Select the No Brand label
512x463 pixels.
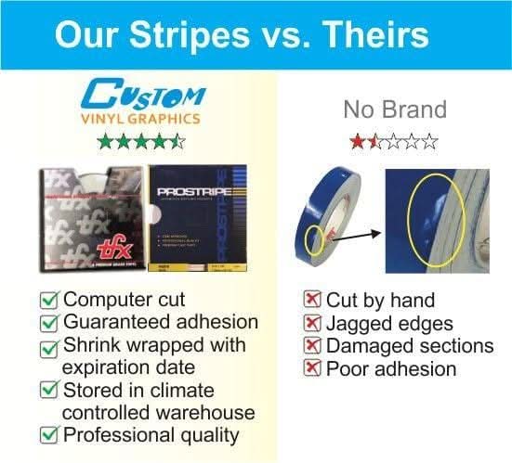click(395, 109)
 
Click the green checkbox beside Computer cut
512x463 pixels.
click(52, 300)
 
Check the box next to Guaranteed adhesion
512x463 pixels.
click(52, 322)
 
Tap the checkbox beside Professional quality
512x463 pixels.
click(52, 434)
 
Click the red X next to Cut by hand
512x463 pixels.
click(313, 300)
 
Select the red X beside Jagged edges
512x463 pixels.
click(313, 323)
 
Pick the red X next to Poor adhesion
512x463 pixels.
click(313, 368)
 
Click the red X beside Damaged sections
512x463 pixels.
click(313, 345)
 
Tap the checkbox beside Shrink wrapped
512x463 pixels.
click(52, 346)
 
